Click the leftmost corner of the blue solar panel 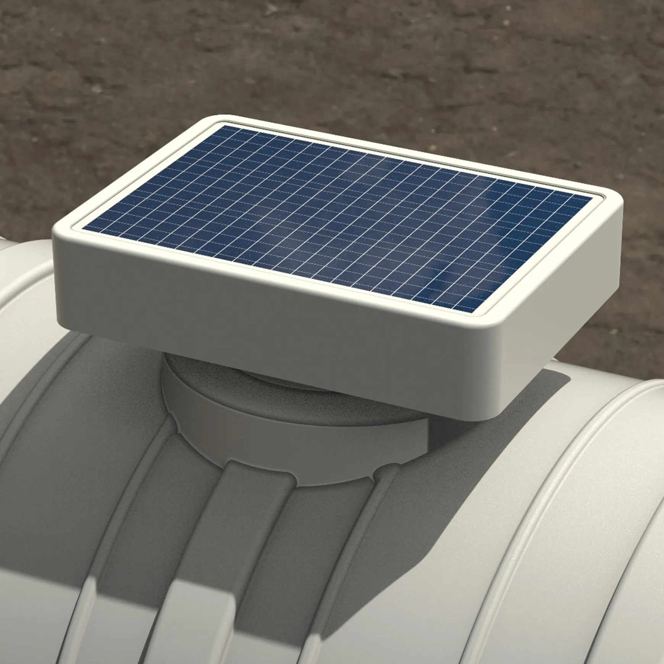pos(83,229)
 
